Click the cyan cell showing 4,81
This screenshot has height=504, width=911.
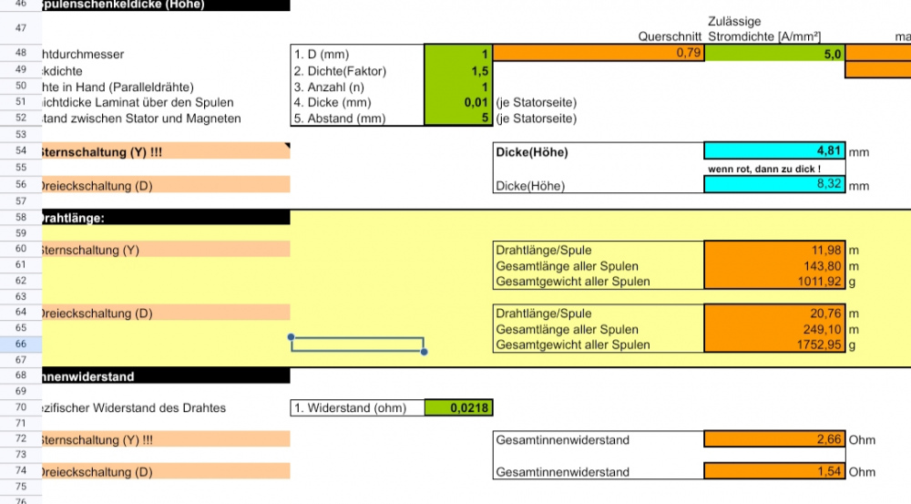pyautogui.click(x=775, y=151)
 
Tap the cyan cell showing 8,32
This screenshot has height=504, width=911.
pyautogui.click(x=775, y=185)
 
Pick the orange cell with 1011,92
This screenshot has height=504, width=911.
pyautogui.click(x=775, y=282)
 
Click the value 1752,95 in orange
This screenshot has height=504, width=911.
pyautogui.click(x=775, y=345)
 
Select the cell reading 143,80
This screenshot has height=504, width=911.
pyautogui.click(x=775, y=266)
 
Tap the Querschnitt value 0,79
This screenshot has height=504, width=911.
pyautogui.click(x=599, y=54)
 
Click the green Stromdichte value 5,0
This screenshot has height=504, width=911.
pyautogui.click(x=775, y=54)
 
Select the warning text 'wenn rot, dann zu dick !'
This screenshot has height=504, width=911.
pyautogui.click(x=763, y=170)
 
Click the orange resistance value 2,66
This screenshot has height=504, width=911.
pyautogui.click(x=775, y=440)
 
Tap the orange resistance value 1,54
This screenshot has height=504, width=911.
pyautogui.click(x=775, y=472)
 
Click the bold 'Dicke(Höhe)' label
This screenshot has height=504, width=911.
pyautogui.click(x=531, y=152)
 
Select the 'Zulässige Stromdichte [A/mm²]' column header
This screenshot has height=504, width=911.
pyautogui.click(x=763, y=28)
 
